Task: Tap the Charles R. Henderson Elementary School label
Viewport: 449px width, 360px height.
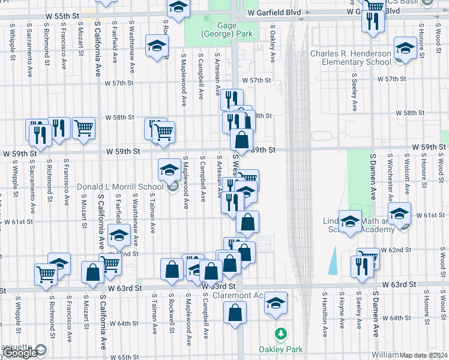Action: click(351, 58)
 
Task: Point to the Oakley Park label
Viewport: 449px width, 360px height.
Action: click(280, 349)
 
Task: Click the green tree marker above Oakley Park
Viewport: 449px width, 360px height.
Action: click(280, 333)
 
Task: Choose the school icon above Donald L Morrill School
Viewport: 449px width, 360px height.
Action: click(169, 170)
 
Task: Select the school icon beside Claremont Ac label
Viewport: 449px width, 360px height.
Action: click(276, 303)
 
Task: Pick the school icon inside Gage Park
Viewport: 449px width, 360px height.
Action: click(178, 7)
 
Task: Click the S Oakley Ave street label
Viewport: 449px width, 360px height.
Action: click(272, 43)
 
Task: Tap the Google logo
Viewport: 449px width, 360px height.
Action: click(20, 353)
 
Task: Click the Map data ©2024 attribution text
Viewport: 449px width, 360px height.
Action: click(424, 355)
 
